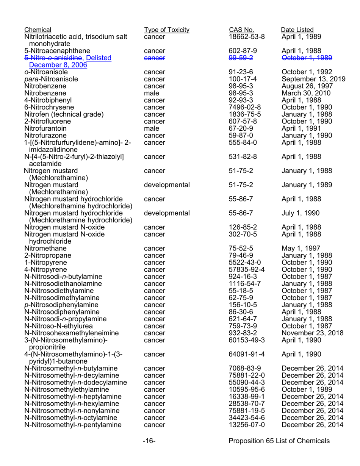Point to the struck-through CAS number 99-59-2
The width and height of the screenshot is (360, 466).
tap(241, 58)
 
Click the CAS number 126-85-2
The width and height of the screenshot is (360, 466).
tap(243, 227)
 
